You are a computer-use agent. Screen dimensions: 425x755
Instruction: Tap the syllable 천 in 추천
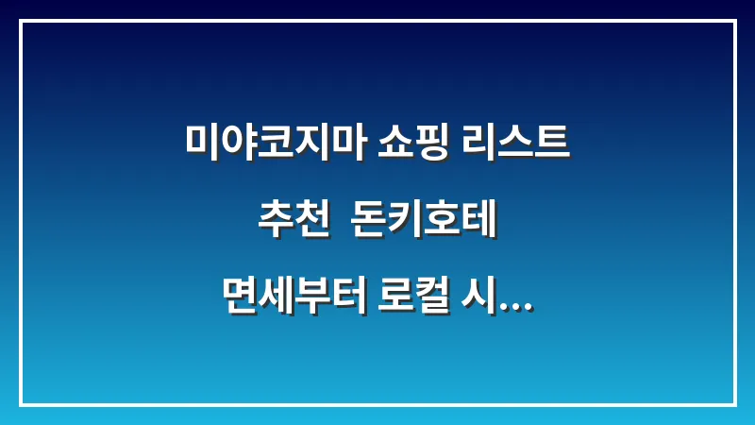(309, 226)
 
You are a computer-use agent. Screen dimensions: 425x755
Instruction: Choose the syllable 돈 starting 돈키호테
(368, 226)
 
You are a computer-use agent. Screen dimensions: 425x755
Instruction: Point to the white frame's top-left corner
(21, 21)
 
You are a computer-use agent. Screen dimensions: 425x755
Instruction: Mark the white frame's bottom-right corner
(734, 404)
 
